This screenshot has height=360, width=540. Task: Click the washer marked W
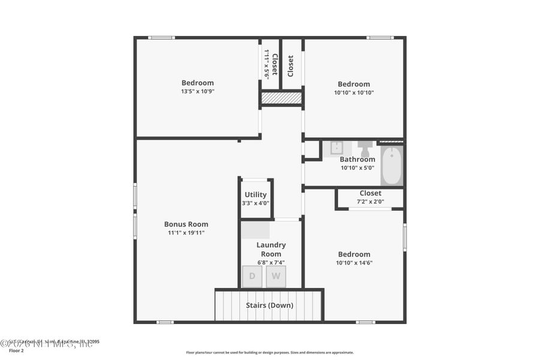(x=276, y=277)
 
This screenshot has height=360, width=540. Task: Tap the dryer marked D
(x=252, y=277)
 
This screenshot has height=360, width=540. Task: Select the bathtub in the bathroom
(x=391, y=166)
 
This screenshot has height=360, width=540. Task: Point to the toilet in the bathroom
(x=364, y=148)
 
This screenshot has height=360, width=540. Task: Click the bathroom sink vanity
(x=337, y=148)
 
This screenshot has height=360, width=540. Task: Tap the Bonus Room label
(x=186, y=224)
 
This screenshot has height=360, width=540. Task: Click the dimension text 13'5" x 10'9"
(x=197, y=92)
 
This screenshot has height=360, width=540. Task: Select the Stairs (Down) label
(x=269, y=305)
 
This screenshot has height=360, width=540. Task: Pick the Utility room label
(x=256, y=194)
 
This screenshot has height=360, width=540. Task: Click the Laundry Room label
(x=271, y=250)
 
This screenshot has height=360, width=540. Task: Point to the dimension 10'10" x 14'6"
(x=354, y=263)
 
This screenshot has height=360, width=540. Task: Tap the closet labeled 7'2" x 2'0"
(x=370, y=197)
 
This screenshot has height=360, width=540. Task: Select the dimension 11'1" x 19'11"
(x=186, y=233)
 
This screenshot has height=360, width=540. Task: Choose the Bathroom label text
(x=358, y=160)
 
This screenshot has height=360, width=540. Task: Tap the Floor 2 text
(x=16, y=350)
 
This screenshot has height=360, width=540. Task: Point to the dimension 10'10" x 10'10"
(x=353, y=93)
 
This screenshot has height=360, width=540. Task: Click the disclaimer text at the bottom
(x=269, y=353)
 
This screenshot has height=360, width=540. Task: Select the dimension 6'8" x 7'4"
(x=271, y=262)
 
